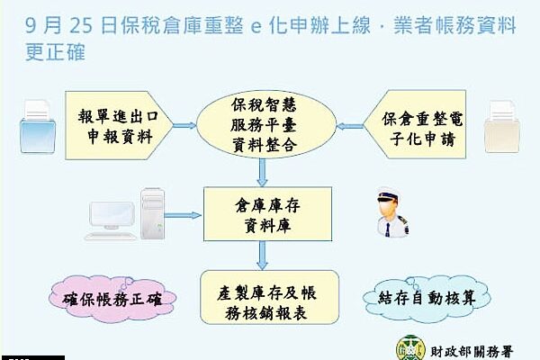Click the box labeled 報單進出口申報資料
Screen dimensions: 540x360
coord(119,125)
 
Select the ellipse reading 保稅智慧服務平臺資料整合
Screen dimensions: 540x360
coord(265,124)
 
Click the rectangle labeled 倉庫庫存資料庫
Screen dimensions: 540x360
coord(267,214)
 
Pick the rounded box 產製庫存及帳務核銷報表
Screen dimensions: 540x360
coord(269,297)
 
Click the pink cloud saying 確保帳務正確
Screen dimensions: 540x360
coord(112,299)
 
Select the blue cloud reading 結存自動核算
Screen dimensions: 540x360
coord(427,298)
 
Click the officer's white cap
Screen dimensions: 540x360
coord(387,194)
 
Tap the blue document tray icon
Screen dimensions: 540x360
coord(38,127)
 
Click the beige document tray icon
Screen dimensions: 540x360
coord(502,127)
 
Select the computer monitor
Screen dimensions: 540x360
coord(112,216)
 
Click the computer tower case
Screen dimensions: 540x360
coord(153,213)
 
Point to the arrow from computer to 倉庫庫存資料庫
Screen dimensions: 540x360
coord(183,215)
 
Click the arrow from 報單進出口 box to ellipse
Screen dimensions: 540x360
coord(184,126)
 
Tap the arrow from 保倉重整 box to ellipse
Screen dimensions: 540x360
coord(349,126)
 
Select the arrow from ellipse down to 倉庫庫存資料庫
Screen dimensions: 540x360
coord(263,173)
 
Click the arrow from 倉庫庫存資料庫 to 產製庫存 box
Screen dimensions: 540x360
coord(263,256)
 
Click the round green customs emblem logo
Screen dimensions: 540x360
coord(411,348)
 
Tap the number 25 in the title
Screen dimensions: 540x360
coord(81,26)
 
